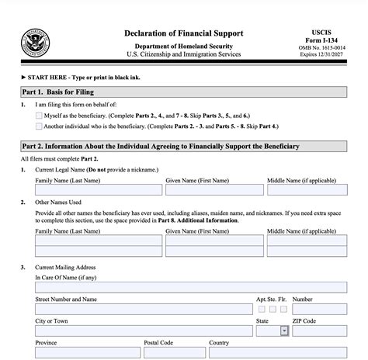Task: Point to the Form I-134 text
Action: [x=328, y=42]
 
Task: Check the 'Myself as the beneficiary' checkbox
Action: [x=39, y=115]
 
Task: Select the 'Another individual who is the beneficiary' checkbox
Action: [x=39, y=126]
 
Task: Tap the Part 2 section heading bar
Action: [x=184, y=147]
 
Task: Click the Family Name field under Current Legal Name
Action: [x=98, y=189]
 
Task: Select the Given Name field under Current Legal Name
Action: [x=214, y=189]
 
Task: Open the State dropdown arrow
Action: [x=283, y=330]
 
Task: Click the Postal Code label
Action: [x=158, y=343]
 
